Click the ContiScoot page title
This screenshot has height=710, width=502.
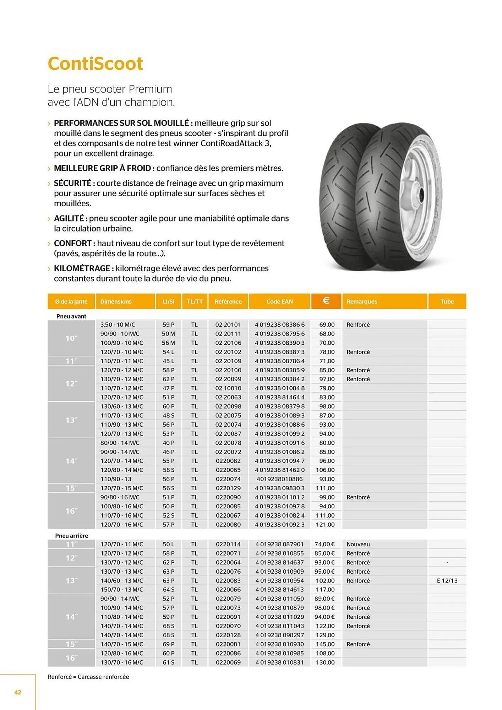[95, 64]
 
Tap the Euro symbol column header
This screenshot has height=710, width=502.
[326, 301]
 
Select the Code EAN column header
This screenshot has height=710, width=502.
[279, 301]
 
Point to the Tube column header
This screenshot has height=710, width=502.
[447, 301]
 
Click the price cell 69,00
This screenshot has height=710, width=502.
[327, 324]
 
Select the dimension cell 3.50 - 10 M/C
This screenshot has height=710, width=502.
[118, 324]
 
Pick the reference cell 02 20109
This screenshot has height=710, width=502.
[228, 361]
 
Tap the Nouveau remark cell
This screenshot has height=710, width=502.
[358, 544]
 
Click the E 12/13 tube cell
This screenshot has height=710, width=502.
[447, 581]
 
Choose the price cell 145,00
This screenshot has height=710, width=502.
[325, 644]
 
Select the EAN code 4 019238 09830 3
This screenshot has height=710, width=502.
[279, 488]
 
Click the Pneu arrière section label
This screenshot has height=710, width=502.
[71, 536]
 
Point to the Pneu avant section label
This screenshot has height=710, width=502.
[71, 316]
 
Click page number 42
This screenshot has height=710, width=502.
[18, 692]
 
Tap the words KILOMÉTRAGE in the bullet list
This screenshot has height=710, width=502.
[82, 268]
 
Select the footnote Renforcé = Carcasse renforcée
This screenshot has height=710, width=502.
[88, 677]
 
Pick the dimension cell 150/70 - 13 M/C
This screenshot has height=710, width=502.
[121, 589]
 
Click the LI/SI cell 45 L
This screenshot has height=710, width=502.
[168, 361]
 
